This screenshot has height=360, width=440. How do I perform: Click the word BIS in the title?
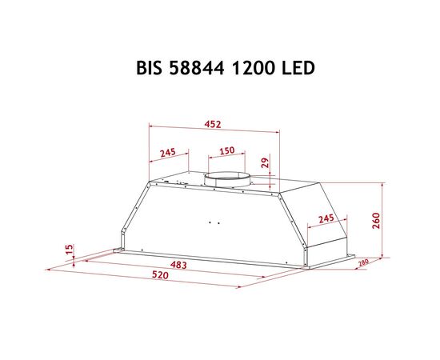(x=149, y=68)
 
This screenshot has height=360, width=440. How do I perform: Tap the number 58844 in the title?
(x=197, y=68)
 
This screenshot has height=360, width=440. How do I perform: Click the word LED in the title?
(x=298, y=68)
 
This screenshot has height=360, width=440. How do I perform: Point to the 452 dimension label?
(x=213, y=124)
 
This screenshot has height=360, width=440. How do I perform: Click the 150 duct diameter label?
(x=227, y=150)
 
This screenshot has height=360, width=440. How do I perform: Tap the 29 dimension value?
(x=265, y=162)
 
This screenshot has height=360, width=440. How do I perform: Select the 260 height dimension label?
(x=376, y=221)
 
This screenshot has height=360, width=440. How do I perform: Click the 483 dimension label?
(x=178, y=265)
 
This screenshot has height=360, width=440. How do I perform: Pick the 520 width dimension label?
(x=160, y=275)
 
